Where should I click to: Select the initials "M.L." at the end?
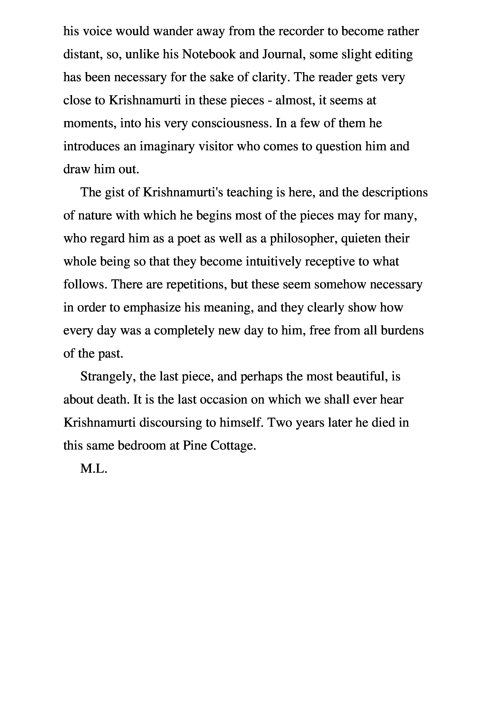tap(93, 469)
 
